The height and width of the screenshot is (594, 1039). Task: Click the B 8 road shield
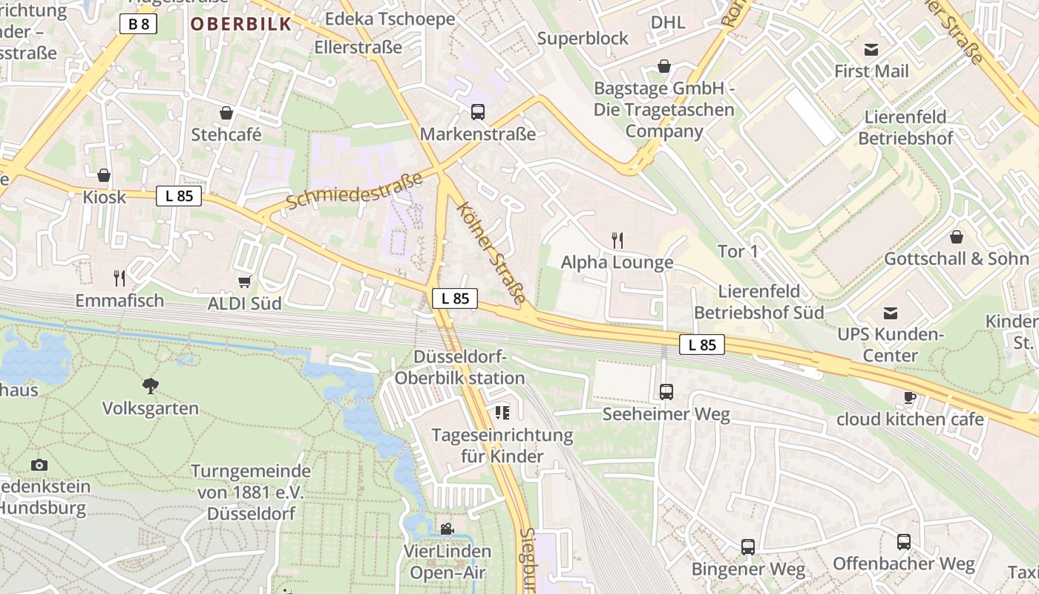pyautogui.click(x=138, y=24)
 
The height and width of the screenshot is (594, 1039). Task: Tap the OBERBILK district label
pyautogui.click(x=241, y=24)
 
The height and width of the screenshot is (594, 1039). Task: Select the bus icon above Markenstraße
pyautogui.click(x=478, y=112)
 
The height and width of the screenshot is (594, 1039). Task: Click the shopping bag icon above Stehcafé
pyautogui.click(x=226, y=113)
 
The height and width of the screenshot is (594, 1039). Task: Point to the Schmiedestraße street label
pyautogui.click(x=354, y=190)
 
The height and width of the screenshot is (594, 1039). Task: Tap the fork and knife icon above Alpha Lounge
pyautogui.click(x=617, y=240)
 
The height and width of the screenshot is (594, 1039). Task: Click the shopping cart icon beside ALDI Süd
pyautogui.click(x=244, y=281)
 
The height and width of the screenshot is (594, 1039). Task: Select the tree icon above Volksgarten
pyautogui.click(x=151, y=385)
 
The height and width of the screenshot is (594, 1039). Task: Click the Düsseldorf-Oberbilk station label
pyautogui.click(x=459, y=368)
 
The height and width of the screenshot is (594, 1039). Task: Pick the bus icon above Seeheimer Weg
pyautogui.click(x=666, y=391)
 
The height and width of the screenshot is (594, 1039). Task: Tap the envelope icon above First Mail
pyautogui.click(x=871, y=50)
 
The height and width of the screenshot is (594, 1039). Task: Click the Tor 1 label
pyautogui.click(x=738, y=252)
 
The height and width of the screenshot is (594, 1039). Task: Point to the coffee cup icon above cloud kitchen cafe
pyautogui.click(x=910, y=397)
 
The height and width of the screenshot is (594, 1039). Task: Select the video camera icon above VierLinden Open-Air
pyautogui.click(x=447, y=529)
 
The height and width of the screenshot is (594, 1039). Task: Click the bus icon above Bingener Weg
pyautogui.click(x=747, y=547)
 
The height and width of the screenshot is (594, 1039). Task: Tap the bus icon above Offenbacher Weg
pyautogui.click(x=903, y=541)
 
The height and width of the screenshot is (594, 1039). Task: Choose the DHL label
pyautogui.click(x=668, y=22)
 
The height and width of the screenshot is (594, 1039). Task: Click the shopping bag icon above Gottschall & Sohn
pyautogui.click(x=957, y=237)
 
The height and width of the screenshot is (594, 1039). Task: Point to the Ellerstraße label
pyautogui.click(x=358, y=48)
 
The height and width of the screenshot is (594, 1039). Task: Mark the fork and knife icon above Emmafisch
pyautogui.click(x=119, y=278)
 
